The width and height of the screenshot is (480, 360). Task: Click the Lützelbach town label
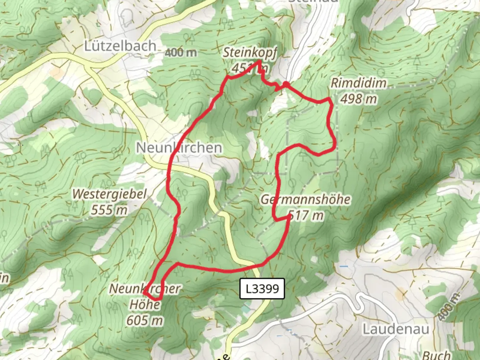tap(120, 46)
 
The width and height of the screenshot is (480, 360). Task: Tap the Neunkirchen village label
tap(179, 148)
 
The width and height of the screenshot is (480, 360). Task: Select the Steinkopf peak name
tap(250, 53)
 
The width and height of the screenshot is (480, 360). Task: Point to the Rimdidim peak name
tap(359, 83)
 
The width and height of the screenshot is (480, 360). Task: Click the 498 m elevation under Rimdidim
tap(359, 99)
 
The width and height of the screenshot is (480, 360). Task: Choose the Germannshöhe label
tap(305, 200)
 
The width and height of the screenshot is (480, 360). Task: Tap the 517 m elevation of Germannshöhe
tap(306, 215)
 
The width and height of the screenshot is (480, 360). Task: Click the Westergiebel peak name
tap(110, 194)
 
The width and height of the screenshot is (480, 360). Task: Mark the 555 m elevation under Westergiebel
tap(109, 210)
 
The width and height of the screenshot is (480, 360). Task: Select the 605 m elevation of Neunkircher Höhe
tap(145, 320)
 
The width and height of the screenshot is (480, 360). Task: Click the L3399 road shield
tap(262, 288)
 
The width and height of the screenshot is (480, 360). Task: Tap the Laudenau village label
tap(396, 329)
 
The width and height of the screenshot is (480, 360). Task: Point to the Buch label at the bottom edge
tap(437, 355)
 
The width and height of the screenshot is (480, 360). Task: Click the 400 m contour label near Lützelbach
tap(181, 52)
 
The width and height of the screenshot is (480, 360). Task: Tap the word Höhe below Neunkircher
tap(145, 304)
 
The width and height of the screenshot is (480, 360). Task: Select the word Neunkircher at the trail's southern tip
tap(145, 289)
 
